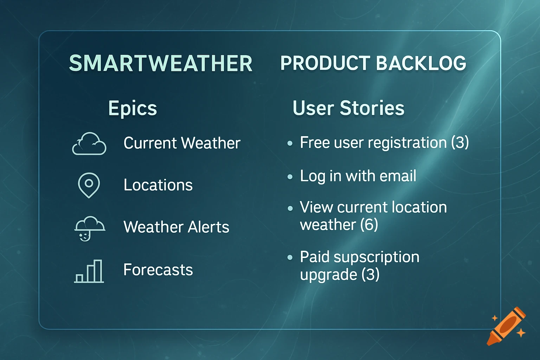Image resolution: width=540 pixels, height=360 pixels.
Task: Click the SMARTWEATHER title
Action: [161, 64]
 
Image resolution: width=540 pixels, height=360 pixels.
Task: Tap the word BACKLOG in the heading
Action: [421, 64]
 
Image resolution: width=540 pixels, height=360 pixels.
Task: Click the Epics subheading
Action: [133, 108]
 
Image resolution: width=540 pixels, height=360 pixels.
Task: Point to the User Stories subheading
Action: [348, 108]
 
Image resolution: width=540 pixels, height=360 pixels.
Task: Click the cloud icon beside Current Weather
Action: [89, 144]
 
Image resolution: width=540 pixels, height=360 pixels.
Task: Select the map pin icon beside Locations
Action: [89, 185]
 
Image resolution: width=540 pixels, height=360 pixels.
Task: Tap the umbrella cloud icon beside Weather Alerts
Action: [90, 228]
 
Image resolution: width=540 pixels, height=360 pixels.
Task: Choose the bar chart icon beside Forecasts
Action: [89, 271]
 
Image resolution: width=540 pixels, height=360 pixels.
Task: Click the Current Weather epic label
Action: [182, 143]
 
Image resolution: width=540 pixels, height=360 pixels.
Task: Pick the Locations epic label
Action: [158, 185]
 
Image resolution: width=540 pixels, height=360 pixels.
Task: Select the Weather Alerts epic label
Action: [176, 227]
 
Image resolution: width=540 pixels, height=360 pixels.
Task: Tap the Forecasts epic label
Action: [158, 270]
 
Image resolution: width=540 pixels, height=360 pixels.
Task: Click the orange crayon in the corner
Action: [506, 326]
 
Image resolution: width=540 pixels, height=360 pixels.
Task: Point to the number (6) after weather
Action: [369, 225]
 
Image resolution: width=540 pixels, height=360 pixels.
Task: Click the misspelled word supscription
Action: [376, 257]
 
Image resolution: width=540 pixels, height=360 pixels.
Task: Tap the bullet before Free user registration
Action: [290, 143]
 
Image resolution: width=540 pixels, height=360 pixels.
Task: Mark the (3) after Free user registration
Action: [460, 143]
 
